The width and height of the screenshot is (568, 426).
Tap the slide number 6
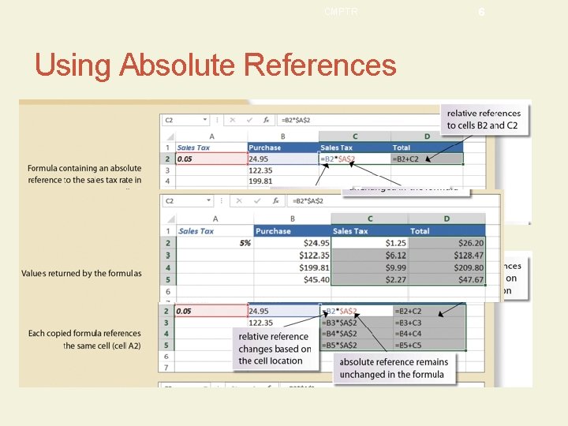pos(481,12)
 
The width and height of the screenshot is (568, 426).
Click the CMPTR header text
pos(341,11)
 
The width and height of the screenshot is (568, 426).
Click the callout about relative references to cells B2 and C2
pos(484,119)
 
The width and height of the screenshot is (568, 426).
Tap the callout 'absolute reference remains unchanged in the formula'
pos(394,368)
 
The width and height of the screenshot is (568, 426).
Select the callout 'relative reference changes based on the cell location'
pos(275,349)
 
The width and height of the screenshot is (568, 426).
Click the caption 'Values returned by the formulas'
pos(81,274)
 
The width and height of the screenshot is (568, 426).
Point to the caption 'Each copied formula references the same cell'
pos(84,339)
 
